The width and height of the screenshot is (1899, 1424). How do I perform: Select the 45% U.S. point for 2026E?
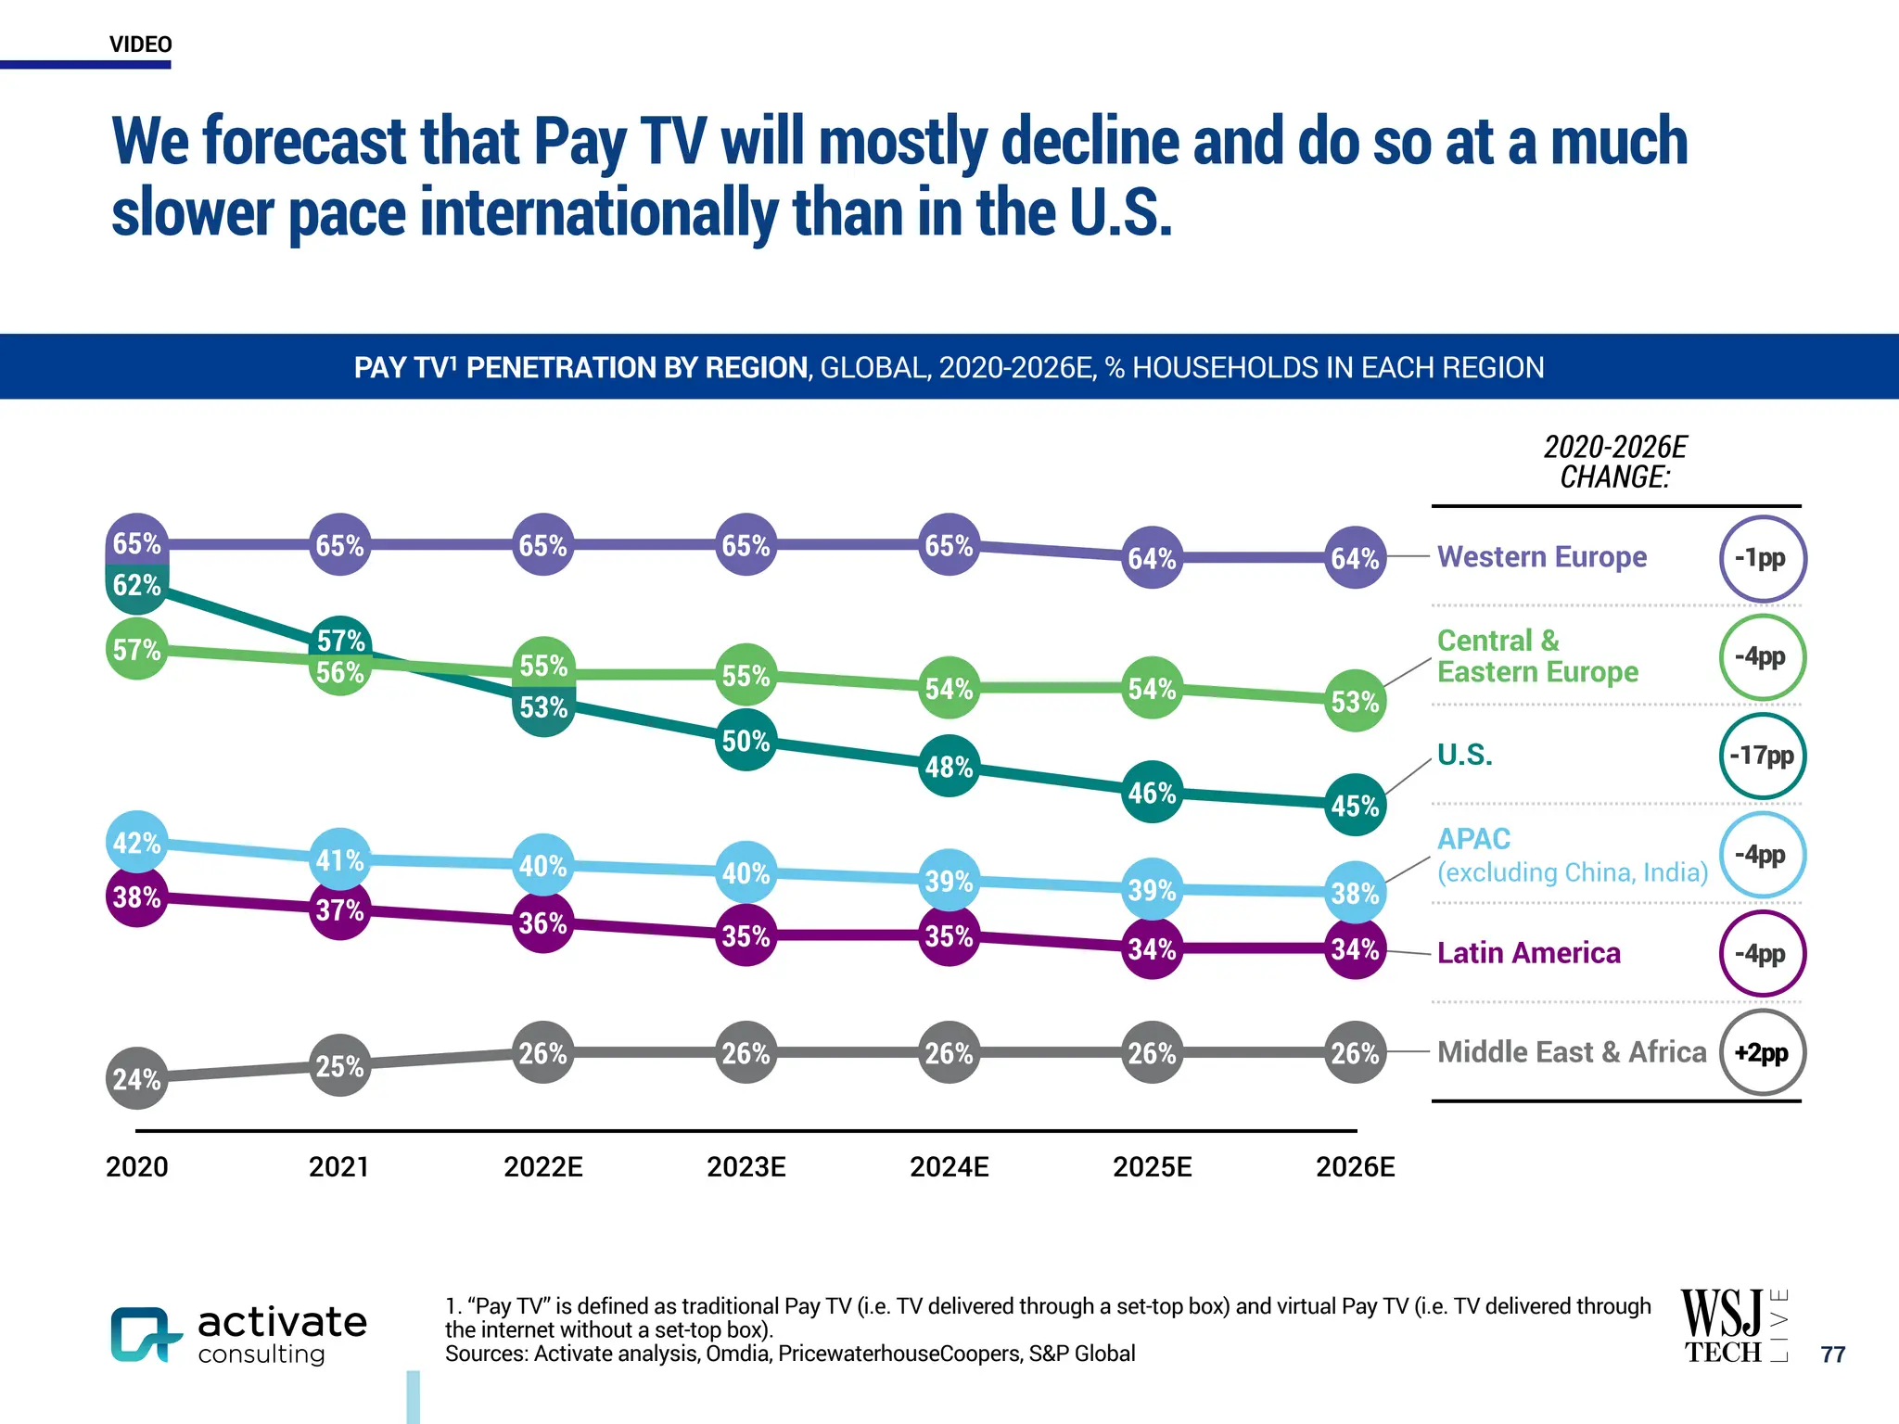(1355, 806)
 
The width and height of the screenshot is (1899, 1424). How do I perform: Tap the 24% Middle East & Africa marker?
(136, 1079)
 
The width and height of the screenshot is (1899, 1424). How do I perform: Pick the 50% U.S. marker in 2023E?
(746, 741)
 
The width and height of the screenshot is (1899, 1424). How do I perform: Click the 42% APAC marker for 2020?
(136, 843)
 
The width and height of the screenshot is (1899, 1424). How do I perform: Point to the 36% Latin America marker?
(542, 923)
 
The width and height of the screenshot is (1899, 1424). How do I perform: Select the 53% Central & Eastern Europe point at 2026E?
(1355, 702)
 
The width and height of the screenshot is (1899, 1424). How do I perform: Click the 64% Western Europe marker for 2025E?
(1152, 558)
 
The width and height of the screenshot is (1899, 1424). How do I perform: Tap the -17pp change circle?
(1762, 756)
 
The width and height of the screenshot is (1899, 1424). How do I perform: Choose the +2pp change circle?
(1762, 1053)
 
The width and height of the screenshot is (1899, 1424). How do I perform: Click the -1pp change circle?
(1762, 558)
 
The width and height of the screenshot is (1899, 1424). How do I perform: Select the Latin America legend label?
(1528, 953)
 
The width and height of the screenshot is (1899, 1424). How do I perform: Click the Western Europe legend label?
(1541, 556)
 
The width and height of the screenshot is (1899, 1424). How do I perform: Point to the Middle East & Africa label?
(1571, 1052)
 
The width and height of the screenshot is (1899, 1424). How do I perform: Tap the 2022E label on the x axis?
(542, 1167)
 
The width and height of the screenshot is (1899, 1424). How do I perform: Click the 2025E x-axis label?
(1152, 1167)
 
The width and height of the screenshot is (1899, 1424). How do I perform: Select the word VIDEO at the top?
(140, 44)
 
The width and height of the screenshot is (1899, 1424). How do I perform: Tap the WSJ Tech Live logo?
(1733, 1327)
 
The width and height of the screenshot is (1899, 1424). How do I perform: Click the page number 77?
(1832, 1354)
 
